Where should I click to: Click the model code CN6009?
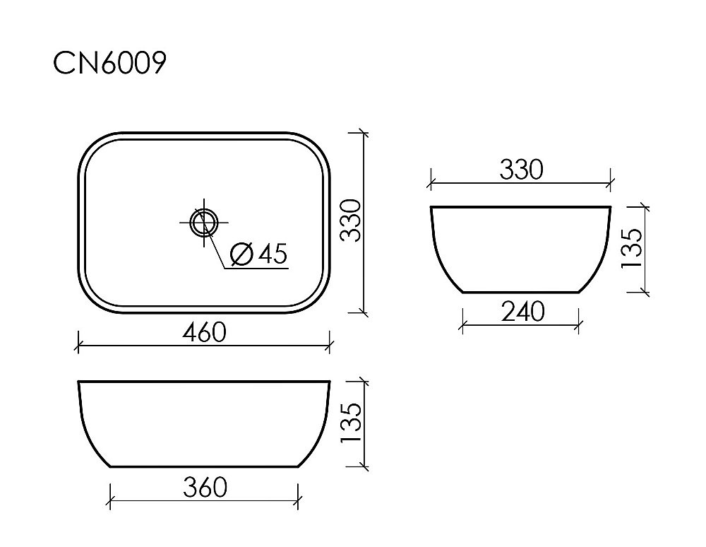(x=110, y=63)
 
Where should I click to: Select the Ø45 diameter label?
(x=259, y=254)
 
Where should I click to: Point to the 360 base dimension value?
(x=204, y=487)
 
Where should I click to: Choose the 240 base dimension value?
(x=522, y=311)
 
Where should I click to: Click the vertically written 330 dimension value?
(x=351, y=221)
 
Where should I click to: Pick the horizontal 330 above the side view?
(x=521, y=170)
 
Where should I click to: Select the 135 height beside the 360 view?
(x=351, y=423)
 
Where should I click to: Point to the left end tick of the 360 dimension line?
(x=111, y=499)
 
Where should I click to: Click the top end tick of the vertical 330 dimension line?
(x=363, y=133)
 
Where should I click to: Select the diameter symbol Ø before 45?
(x=242, y=254)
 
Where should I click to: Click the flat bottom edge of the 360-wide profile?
(x=204, y=466)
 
